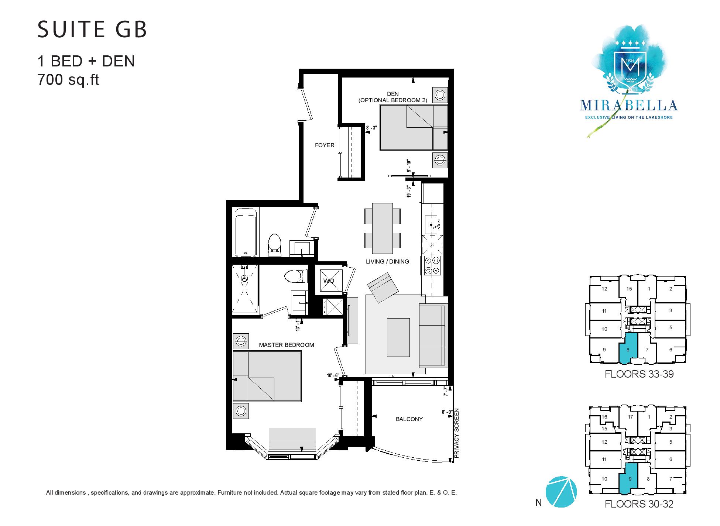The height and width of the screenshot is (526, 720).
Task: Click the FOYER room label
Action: coord(325,145)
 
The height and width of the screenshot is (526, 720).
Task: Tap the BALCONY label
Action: coord(409,419)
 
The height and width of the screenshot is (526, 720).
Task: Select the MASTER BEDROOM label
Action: coord(287,345)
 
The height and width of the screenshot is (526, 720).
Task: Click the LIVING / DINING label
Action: coord(387,261)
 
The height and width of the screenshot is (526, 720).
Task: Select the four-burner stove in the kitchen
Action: coord(432,265)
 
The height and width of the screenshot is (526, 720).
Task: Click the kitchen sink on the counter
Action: coord(432,224)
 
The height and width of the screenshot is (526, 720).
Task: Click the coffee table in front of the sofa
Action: coord(398,337)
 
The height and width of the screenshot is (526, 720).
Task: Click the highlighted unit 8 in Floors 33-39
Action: coord(628,349)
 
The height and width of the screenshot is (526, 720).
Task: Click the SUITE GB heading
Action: coord(92,29)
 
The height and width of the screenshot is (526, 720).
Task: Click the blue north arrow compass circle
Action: coord(560,492)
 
